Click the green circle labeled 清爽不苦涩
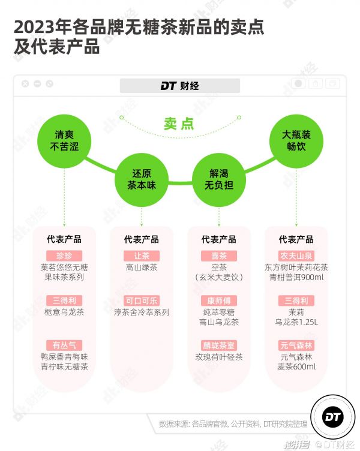coord(64,141)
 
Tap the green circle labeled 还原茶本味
coord(142,180)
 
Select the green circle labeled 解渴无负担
coord(219,180)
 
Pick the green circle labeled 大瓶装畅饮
coord(296,141)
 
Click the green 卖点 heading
coord(179,124)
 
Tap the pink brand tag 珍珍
coord(64,255)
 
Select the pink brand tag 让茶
coord(142,255)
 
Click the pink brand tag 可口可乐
coord(142,300)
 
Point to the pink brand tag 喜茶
coord(219,255)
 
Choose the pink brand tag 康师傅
coord(219,300)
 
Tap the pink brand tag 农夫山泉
coord(296,255)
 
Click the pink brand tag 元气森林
coord(296,345)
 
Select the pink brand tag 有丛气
coord(64,345)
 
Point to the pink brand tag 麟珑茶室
coord(219,345)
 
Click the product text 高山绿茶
coord(142,267)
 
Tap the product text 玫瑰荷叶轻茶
coord(219,357)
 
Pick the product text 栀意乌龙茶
coord(64,312)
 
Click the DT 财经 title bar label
coord(180,86)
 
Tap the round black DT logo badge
coord(332,417)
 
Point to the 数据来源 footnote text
coord(233,423)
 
